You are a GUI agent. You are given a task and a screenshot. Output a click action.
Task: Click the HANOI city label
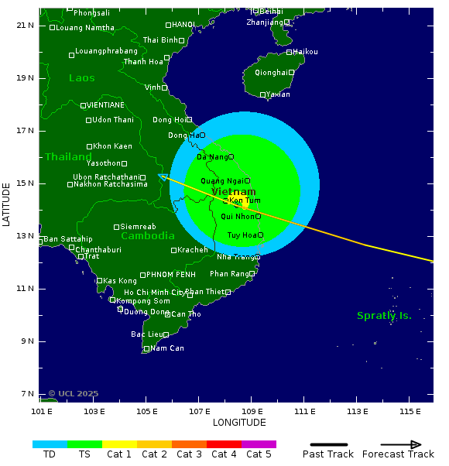(183, 25)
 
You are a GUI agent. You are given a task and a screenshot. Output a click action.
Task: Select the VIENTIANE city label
(106, 105)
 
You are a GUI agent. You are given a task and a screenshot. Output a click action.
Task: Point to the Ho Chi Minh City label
(155, 293)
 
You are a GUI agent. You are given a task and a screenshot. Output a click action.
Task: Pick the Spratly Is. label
(384, 316)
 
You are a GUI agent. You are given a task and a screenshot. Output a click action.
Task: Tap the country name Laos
(81, 78)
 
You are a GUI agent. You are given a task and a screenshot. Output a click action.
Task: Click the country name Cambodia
(148, 236)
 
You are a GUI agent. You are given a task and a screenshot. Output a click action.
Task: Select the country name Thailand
(68, 157)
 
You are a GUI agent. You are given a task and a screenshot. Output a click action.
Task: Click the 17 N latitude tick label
(26, 131)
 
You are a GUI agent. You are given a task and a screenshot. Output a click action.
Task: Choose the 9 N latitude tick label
(26, 341)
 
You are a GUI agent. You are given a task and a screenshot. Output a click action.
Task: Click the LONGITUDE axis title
(239, 423)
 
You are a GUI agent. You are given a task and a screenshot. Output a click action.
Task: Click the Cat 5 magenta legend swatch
(259, 444)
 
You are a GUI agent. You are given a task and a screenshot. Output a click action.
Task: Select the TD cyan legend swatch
(50, 444)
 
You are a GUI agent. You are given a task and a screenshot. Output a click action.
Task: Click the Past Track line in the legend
(328, 444)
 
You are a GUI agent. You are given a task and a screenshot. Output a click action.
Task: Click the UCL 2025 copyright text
(74, 394)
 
